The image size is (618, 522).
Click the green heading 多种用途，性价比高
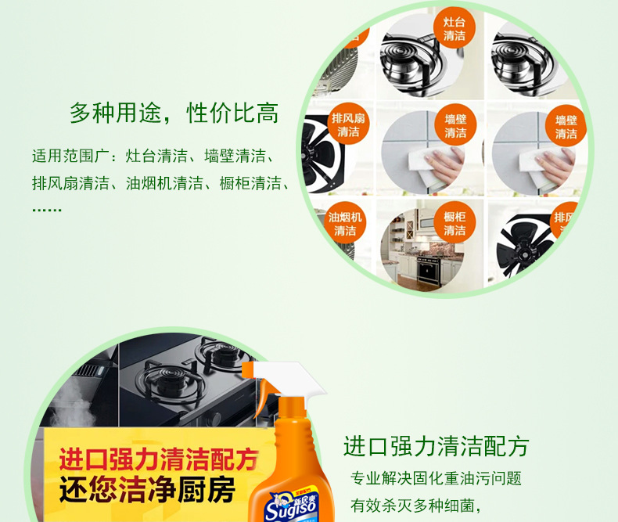tap(174, 113)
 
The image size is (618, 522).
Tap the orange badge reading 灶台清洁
tap(455, 29)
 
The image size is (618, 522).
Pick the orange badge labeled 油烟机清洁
tap(345, 224)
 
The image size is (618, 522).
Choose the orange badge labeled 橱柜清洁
tap(455, 224)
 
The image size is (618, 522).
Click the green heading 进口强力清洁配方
tap(436, 447)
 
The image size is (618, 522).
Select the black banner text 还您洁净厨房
tap(147, 491)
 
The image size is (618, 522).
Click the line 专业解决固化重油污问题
tap(436, 478)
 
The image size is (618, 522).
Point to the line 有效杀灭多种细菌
tap(415, 505)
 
